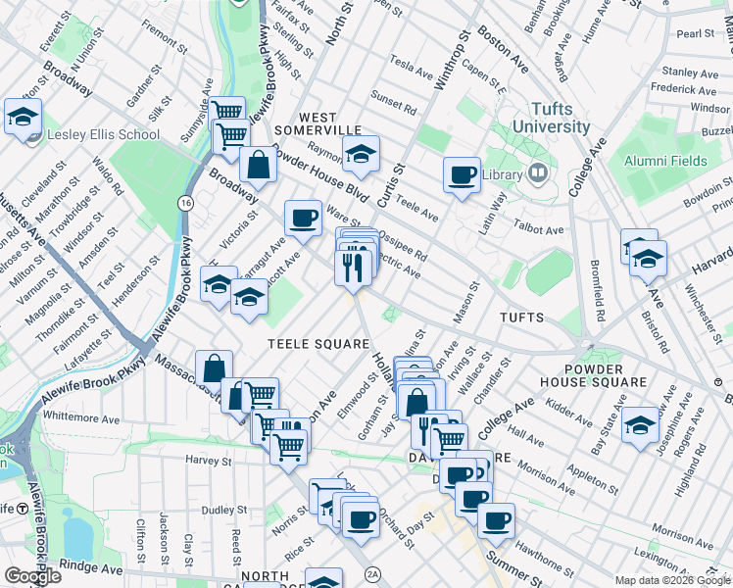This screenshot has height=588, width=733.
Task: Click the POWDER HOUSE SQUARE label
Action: [x=592, y=373]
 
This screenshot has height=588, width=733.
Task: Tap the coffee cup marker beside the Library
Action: [x=462, y=175]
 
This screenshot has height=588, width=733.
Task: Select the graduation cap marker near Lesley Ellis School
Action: [x=22, y=118]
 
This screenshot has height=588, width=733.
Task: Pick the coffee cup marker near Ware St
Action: [x=303, y=219]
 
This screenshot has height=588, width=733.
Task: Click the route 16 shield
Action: [x=184, y=203]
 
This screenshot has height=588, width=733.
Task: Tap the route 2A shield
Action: [x=371, y=574]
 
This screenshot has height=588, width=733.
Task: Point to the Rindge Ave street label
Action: [x=94, y=567]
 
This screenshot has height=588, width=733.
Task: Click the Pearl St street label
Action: [x=696, y=33]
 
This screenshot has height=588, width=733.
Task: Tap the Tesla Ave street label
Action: [x=411, y=72]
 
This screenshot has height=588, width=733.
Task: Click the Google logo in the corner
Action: [x=32, y=576]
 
